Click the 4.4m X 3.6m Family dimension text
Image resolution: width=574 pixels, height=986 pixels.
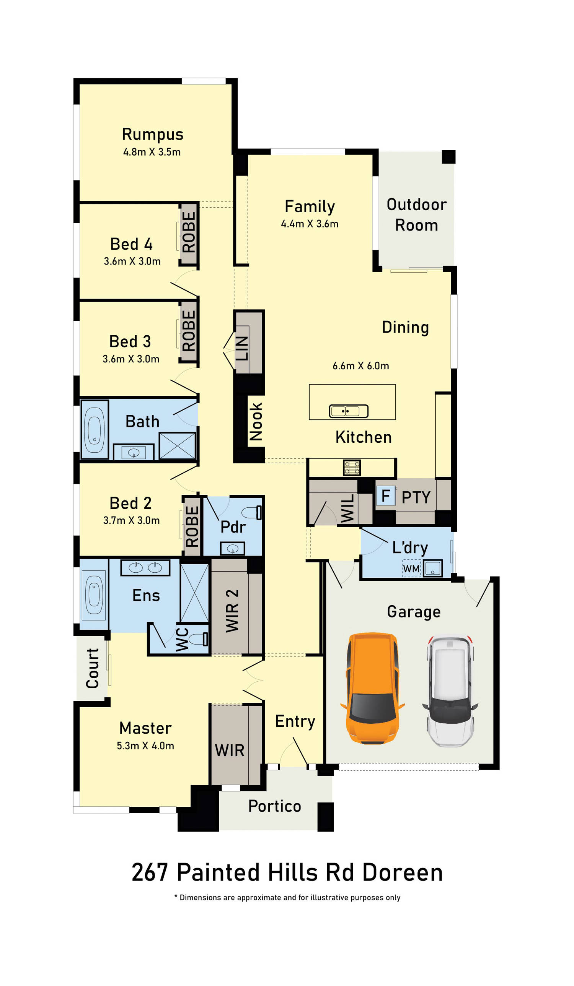[309, 224]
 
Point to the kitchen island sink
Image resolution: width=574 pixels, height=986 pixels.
[348, 411]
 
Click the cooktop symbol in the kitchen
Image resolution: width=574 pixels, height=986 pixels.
[352, 467]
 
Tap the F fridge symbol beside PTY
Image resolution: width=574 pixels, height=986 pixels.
[386, 495]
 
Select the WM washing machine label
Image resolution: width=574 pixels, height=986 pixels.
[411, 569]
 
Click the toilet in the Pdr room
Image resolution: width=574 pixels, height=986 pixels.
[251, 512]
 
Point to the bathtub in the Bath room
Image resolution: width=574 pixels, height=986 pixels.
[95, 429]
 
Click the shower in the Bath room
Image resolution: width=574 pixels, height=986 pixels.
[177, 446]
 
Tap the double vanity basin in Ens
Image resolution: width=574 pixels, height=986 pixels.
[145, 567]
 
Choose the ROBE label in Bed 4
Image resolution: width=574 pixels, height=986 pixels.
[189, 232]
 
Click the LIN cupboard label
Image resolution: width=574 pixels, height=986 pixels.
[241, 348]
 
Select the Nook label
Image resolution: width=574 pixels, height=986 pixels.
[256, 421]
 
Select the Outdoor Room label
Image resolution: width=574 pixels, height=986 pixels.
[416, 215]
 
